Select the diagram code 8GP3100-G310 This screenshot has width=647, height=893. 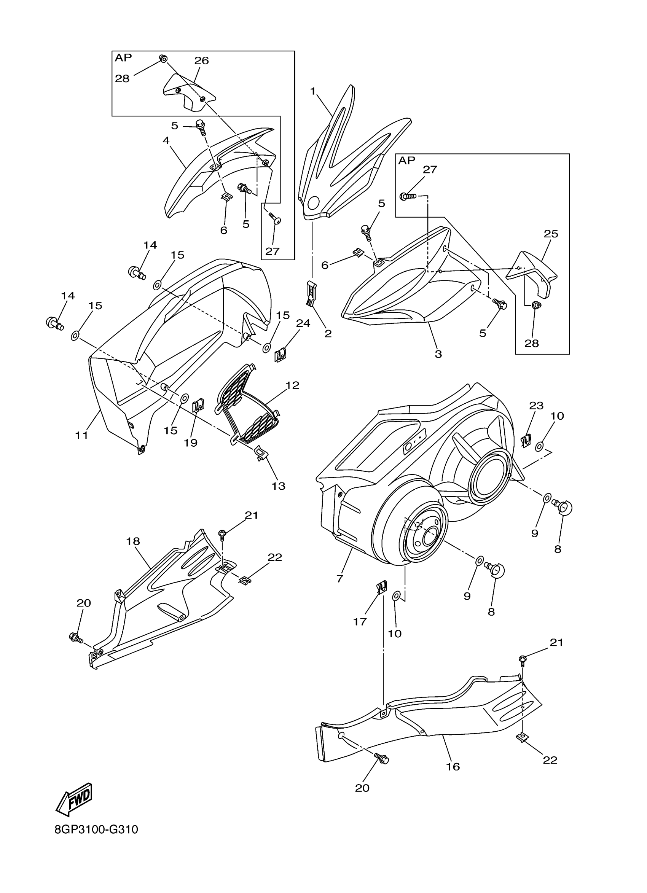click(96, 840)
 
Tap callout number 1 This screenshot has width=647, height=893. click(313, 91)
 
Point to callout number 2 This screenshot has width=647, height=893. click(328, 334)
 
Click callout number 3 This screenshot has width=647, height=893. click(438, 354)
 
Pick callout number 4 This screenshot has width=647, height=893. click(166, 140)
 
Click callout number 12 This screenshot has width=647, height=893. click(293, 385)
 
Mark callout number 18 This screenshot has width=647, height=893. click(133, 541)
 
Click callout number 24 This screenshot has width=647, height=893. click(303, 323)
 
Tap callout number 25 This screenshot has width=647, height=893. click(551, 234)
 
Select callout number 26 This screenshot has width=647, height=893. click(201, 60)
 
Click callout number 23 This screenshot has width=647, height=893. click(536, 405)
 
